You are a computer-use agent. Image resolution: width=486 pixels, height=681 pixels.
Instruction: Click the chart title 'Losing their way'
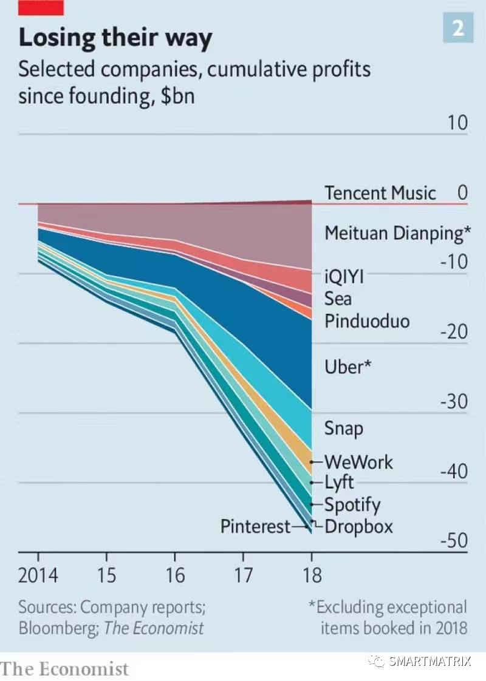pyautogui.click(x=115, y=38)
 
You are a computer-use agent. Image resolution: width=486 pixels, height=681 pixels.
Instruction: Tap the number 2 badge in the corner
pyautogui.click(x=457, y=28)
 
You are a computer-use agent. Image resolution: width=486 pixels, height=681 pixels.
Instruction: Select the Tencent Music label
pyautogui.click(x=380, y=193)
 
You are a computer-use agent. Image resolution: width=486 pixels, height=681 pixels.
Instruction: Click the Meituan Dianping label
pyautogui.click(x=398, y=233)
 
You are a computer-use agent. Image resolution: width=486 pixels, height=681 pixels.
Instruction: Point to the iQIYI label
pyautogui.click(x=344, y=277)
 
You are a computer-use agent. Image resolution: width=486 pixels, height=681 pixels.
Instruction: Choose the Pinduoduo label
pyautogui.click(x=367, y=320)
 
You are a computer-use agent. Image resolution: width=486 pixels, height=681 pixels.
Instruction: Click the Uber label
pyautogui.click(x=347, y=367)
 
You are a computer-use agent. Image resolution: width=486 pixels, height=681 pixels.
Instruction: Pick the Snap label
pyautogui.click(x=343, y=428)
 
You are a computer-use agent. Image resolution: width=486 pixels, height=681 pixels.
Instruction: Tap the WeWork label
pyautogui.click(x=358, y=462)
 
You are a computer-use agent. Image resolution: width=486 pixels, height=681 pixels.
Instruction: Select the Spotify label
pyautogui.click(x=352, y=504)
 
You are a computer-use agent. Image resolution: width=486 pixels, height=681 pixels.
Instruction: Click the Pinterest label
pyautogui.click(x=256, y=526)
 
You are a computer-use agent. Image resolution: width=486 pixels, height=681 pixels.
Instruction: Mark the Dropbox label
pyautogui.click(x=358, y=526)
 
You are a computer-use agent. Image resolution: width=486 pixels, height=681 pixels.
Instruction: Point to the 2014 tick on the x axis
pyautogui.click(x=38, y=574)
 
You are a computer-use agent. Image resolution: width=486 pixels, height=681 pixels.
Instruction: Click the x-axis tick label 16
pyautogui.click(x=175, y=574)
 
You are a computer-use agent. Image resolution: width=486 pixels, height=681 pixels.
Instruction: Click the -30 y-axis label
pyautogui.click(x=453, y=402)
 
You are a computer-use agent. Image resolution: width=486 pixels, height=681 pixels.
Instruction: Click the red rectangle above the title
pyautogui.click(x=41, y=8)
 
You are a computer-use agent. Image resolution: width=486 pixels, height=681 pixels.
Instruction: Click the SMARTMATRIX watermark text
pyautogui.click(x=430, y=661)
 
